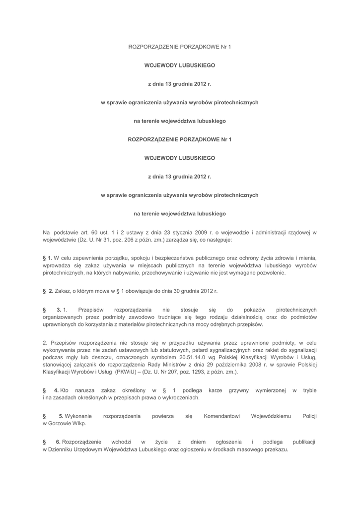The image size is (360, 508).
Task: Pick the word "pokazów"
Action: [254, 310]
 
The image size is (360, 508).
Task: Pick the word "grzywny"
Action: [239, 390]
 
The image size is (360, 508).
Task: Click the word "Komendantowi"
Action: [222, 416]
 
